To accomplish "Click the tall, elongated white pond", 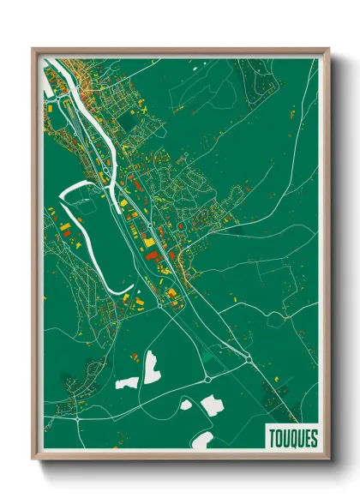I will tap(151, 367).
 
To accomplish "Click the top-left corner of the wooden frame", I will tap(33, 50).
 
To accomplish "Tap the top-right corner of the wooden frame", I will tap(327, 50).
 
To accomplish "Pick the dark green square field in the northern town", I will tap(129, 124).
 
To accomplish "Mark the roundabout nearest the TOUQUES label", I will tap(249, 360).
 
